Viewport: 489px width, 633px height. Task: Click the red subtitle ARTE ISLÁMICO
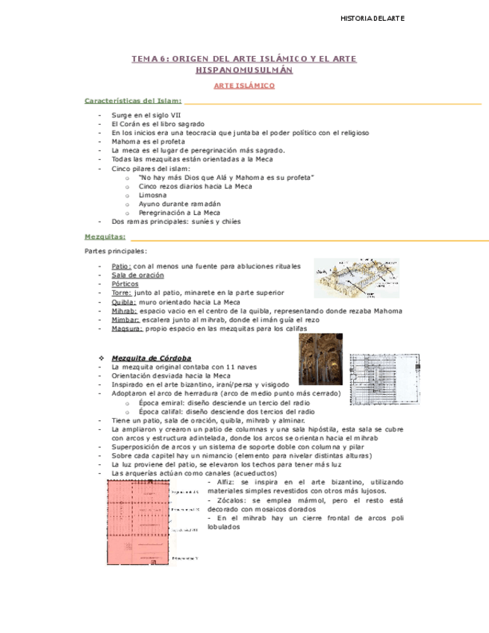pyautogui.click(x=244, y=86)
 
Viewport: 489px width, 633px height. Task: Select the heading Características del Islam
pyautogui.click(x=133, y=100)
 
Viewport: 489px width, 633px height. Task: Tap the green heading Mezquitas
pyautogui.click(x=105, y=236)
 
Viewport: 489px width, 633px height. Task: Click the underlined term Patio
pyautogui.click(x=121, y=266)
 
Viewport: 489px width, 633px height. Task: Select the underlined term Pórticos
pyautogui.click(x=124, y=284)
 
